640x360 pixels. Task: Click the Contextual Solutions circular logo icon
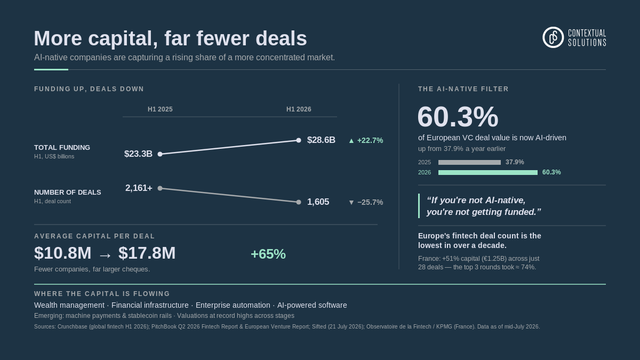click(x=553, y=37)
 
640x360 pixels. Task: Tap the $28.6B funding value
click(x=321, y=140)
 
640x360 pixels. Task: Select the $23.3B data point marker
click(x=160, y=154)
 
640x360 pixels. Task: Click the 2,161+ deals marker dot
click(x=160, y=188)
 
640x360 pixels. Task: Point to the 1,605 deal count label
click(x=318, y=202)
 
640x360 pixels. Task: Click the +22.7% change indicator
click(x=366, y=141)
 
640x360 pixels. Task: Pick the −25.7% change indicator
click(x=366, y=202)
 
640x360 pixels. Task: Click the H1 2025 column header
click(x=160, y=109)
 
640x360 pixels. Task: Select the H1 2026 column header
click(x=299, y=109)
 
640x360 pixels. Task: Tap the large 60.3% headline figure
click(x=458, y=117)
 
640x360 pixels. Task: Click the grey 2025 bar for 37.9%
click(x=469, y=162)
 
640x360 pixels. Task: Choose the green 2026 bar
click(x=487, y=172)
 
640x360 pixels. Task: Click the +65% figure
click(x=268, y=254)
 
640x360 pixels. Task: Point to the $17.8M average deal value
click(x=147, y=253)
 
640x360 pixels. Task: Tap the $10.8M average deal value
click(x=62, y=253)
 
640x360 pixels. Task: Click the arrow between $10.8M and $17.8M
click(x=105, y=255)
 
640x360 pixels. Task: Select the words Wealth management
click(x=69, y=305)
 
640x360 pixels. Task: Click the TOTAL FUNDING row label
click(x=62, y=147)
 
